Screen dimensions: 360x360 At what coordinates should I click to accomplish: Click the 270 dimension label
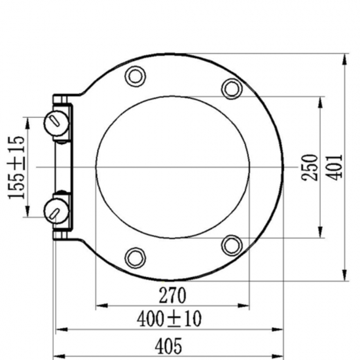(x=172, y=295)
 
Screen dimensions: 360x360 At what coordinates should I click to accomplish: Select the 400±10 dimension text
(x=170, y=319)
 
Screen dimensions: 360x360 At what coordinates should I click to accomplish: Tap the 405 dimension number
(x=168, y=346)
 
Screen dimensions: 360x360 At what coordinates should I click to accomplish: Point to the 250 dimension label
(x=310, y=168)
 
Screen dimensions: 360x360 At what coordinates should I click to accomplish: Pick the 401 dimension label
(x=334, y=168)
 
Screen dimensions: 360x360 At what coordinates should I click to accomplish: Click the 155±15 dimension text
(x=16, y=168)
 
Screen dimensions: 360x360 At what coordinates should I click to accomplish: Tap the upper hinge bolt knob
(x=56, y=123)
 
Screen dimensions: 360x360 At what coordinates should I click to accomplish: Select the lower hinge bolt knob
(x=56, y=211)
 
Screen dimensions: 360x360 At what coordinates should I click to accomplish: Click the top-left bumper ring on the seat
(x=135, y=76)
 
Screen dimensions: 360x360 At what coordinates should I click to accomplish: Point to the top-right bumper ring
(x=232, y=89)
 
